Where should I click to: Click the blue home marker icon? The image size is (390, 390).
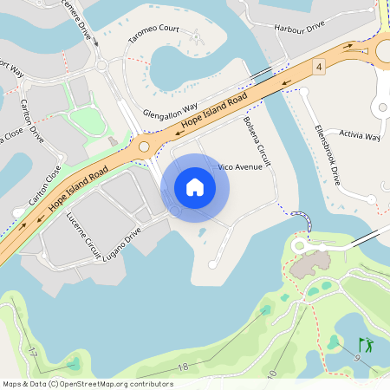195,186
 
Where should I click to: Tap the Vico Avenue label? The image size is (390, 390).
240,166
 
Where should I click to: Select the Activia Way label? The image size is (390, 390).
360,136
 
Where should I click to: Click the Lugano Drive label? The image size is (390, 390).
121,245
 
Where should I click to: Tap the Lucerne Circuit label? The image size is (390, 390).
83,237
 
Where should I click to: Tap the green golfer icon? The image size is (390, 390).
366,345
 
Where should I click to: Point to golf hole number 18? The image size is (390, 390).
182,367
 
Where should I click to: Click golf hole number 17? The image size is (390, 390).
32,353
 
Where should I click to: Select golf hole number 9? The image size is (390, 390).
356,358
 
